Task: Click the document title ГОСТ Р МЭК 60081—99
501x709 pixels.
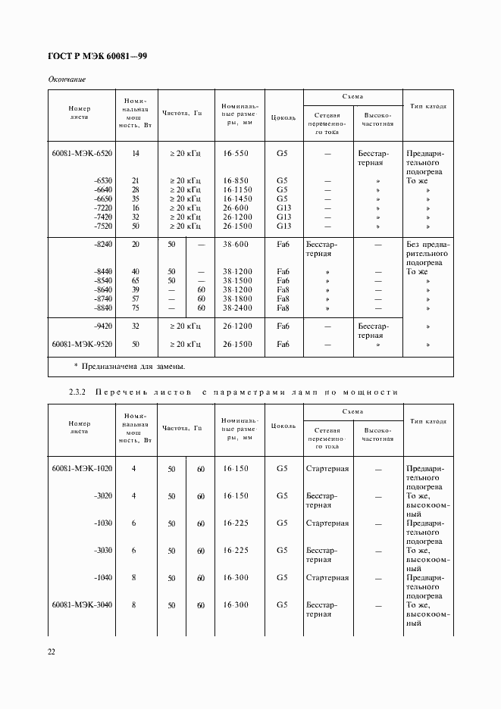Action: (97, 56)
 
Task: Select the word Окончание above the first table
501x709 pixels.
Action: (67, 79)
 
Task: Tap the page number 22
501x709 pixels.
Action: (52, 651)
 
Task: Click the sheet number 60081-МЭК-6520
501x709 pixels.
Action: (82, 153)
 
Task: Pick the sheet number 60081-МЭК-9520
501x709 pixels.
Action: (82, 344)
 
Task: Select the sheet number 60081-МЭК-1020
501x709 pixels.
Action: (82, 469)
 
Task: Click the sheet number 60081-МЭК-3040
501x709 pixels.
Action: (82, 605)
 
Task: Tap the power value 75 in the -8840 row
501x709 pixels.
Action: (135, 308)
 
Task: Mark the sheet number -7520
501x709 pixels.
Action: (102, 226)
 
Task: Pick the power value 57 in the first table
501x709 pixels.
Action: (135, 299)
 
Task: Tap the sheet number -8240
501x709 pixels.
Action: (102, 245)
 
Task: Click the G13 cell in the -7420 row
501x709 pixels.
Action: (283, 217)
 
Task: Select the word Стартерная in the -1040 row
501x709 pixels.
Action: (327, 578)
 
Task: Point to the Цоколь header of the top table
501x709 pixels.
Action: (282, 117)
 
